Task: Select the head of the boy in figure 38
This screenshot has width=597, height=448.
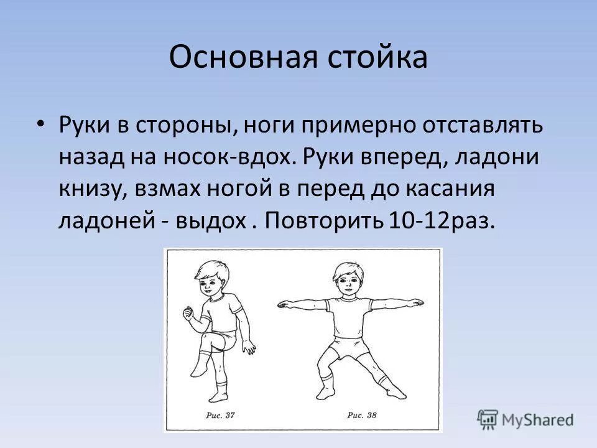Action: (x=346, y=280)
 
